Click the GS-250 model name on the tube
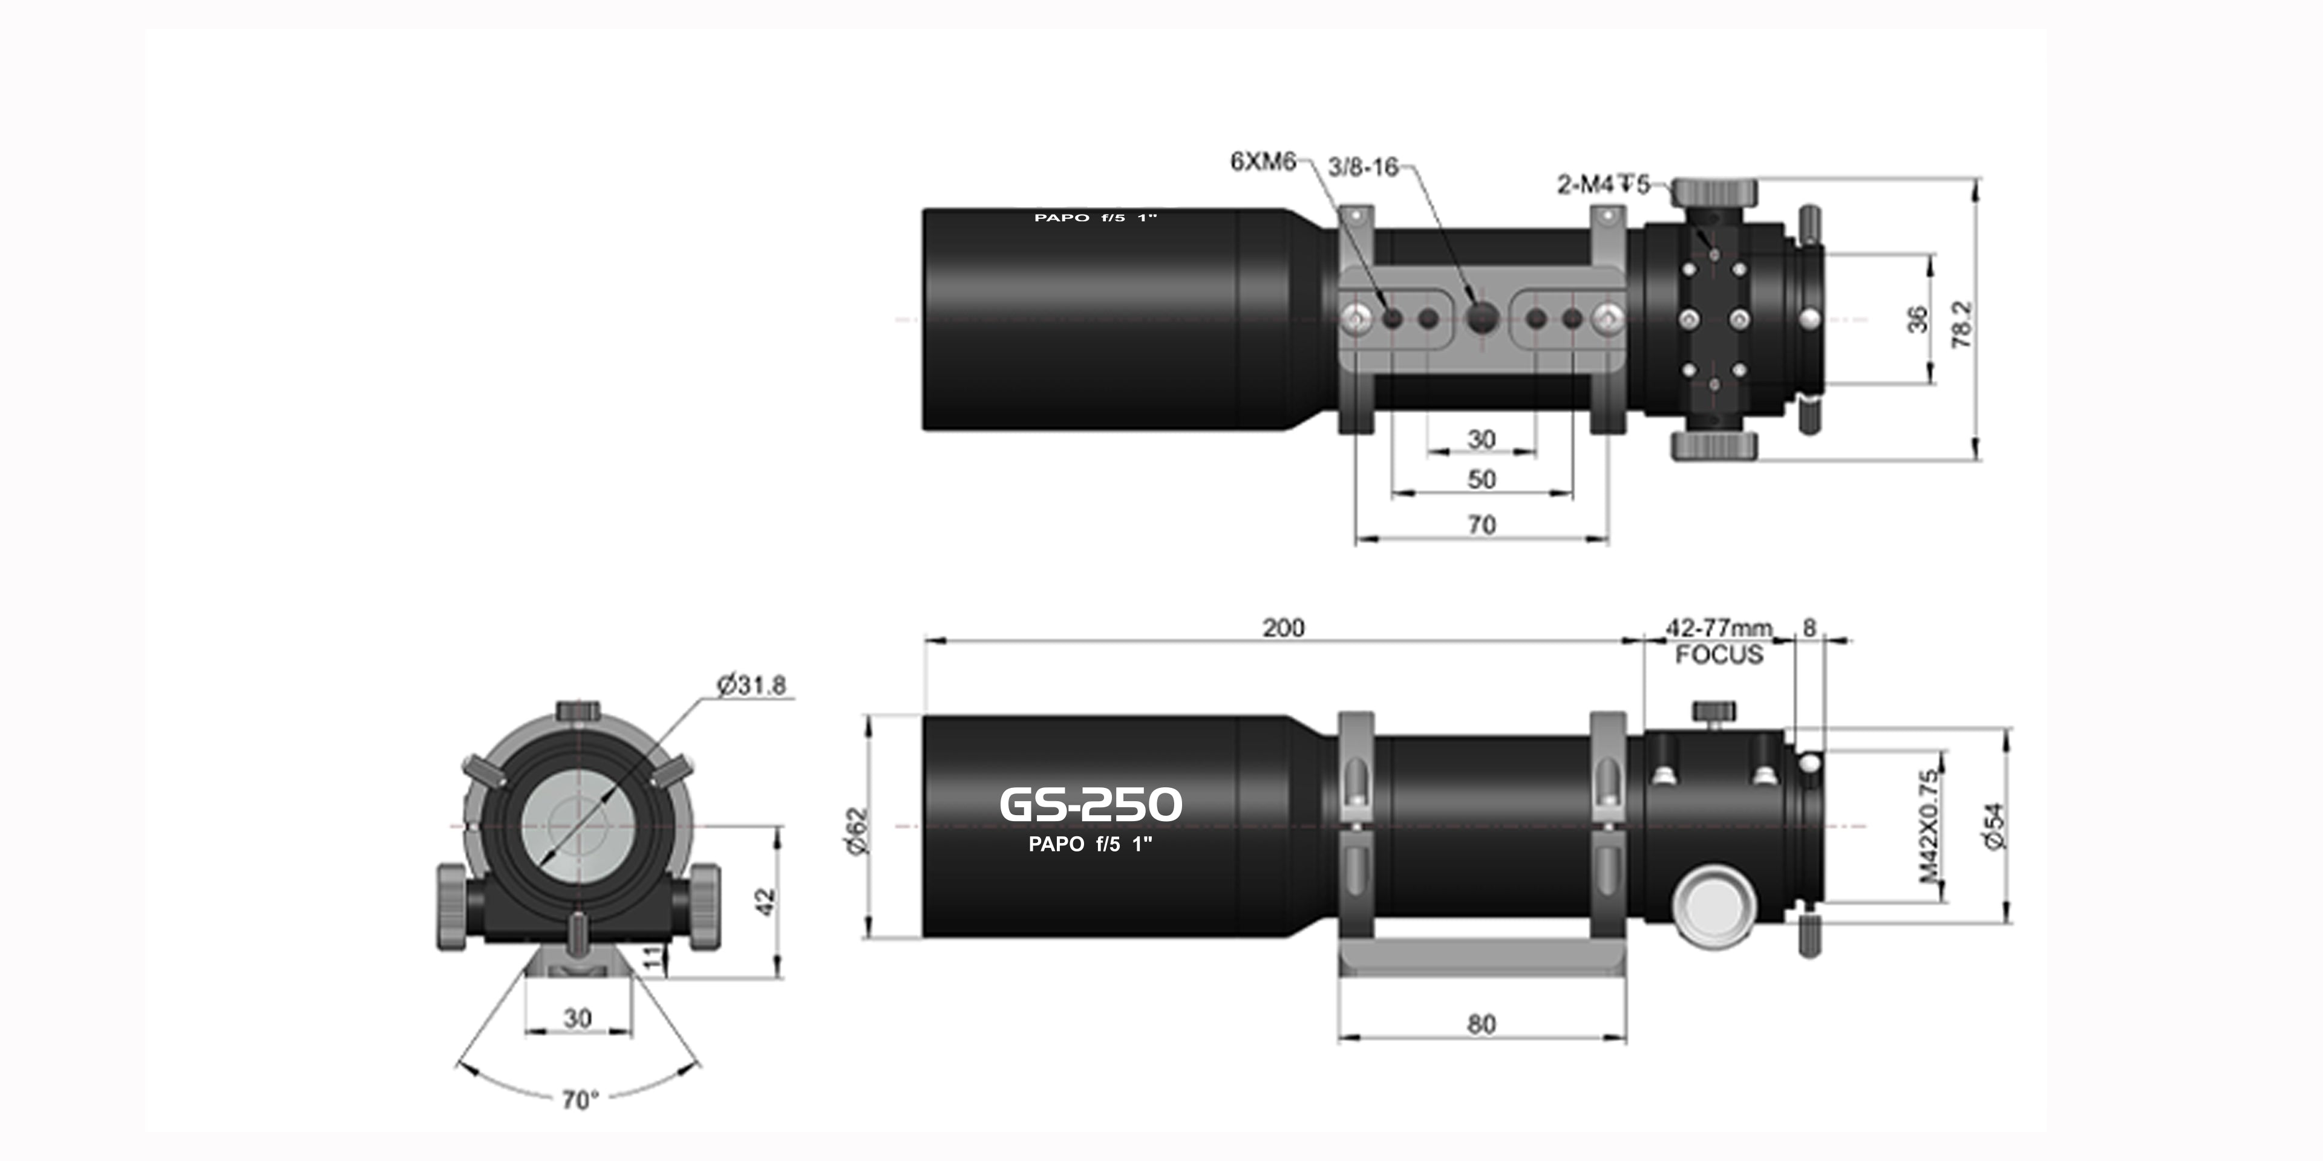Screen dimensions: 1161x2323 [x=1090, y=804]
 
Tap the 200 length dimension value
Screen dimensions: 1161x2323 [x=1282, y=628]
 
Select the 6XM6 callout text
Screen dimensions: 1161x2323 [x=1263, y=161]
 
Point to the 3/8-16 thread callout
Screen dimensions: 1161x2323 [x=1362, y=167]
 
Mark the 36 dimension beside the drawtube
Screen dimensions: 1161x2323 [x=1917, y=319]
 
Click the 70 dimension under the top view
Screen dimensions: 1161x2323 [x=1482, y=525]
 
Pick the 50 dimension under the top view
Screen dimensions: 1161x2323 [x=1482, y=480]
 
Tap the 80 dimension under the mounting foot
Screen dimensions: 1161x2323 [x=1482, y=1024]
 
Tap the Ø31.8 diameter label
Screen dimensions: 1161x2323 [x=751, y=686]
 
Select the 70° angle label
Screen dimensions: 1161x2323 [x=580, y=1100]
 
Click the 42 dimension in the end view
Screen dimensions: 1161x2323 [x=765, y=902]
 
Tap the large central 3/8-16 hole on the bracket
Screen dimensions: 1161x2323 [x=1482, y=317]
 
